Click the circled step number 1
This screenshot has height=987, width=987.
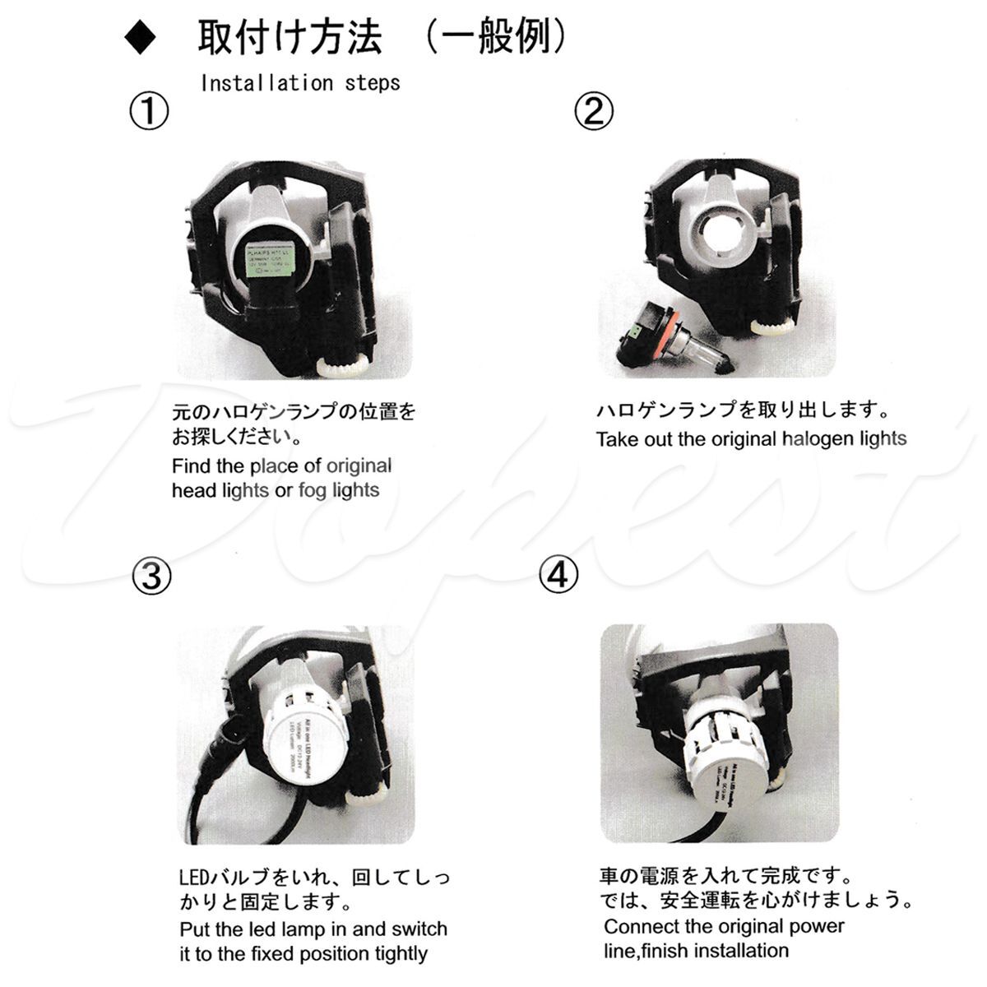pos(149,111)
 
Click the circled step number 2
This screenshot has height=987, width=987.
pos(593,111)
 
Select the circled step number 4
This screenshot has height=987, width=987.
pos(558,575)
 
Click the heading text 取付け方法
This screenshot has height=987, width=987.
pos(290,38)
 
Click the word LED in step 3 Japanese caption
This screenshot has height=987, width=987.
pos(196,878)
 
